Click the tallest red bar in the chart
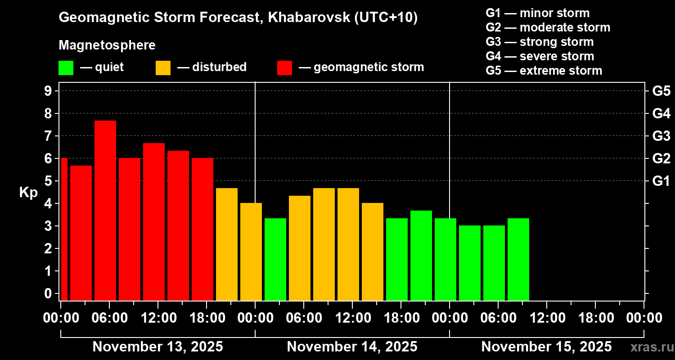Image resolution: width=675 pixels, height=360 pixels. tap(105, 210)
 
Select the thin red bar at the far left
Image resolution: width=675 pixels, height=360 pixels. tap(64, 229)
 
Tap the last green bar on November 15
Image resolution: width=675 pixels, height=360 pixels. tap(518, 259)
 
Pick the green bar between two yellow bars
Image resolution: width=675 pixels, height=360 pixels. tap(275, 259)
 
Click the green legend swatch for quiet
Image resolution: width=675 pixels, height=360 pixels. tap(66, 68)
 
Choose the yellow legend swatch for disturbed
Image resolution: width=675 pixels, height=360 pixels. tap(163, 68)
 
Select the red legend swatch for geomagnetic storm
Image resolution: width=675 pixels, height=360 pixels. tap(284, 68)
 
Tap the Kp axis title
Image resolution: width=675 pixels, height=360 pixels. tap(28, 193)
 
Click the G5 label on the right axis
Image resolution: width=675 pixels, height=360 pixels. tap(661, 91)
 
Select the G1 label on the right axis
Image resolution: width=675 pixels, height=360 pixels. tap(661, 181)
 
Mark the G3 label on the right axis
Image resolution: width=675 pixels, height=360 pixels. tap(661, 136)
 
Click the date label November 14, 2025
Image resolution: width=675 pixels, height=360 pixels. tap(352, 347)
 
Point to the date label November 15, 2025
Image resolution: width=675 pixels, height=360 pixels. tap(546, 347)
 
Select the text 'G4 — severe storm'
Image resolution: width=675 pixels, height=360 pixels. tap(540, 56)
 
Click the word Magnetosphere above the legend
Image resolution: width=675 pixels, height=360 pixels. tap(107, 45)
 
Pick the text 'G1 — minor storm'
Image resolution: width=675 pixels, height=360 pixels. tap(537, 13)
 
